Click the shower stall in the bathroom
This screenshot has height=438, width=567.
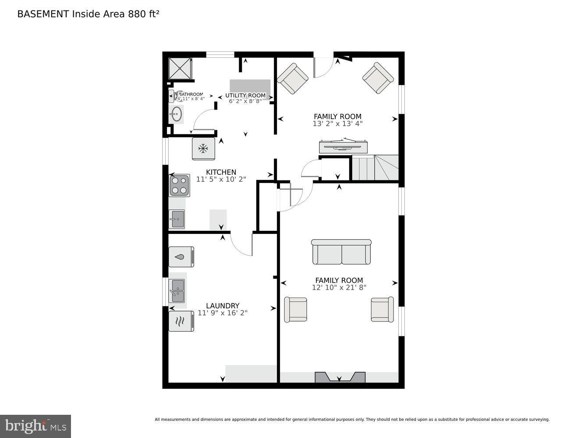(x=180, y=68)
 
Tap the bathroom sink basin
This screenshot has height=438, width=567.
(x=177, y=115)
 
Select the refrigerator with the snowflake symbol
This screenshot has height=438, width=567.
(x=203, y=149)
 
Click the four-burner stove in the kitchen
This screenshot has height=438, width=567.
(x=180, y=185)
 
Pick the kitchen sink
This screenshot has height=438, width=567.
(x=177, y=219)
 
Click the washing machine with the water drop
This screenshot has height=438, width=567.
(x=181, y=257)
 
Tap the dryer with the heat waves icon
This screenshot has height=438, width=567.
(x=181, y=321)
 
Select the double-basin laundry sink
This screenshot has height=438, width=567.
(x=177, y=291)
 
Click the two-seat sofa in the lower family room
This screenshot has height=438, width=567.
(x=341, y=252)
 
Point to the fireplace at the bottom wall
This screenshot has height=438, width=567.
(x=340, y=378)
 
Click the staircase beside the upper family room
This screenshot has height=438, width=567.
(x=375, y=169)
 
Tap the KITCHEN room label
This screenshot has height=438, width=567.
(x=221, y=172)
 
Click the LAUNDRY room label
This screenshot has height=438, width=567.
(x=223, y=306)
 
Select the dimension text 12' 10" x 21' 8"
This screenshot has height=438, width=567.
(x=339, y=288)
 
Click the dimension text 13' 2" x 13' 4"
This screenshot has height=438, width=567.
(x=337, y=124)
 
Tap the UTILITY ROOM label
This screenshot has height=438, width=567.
(x=245, y=95)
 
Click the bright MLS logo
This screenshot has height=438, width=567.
(x=35, y=426)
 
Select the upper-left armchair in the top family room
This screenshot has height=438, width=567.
(x=292, y=78)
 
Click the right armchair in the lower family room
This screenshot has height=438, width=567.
(x=382, y=310)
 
